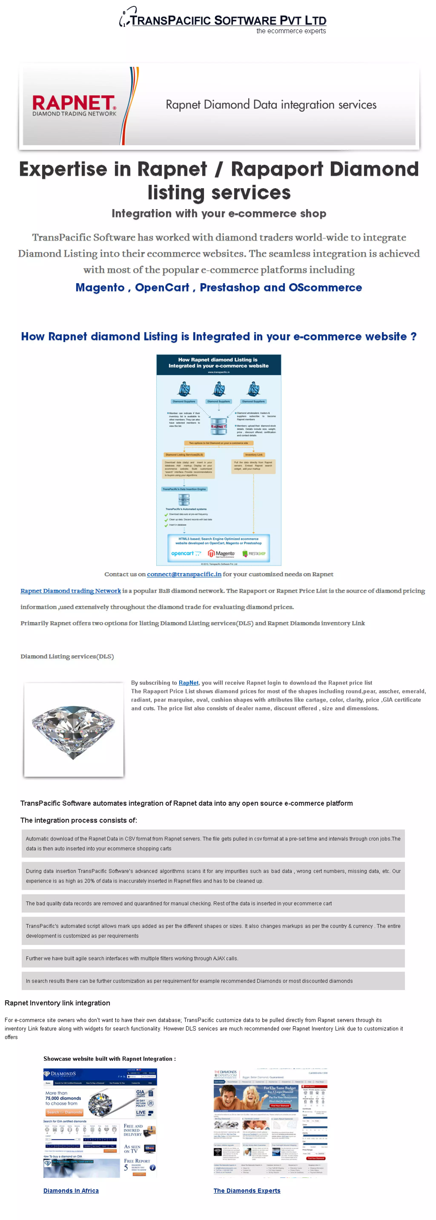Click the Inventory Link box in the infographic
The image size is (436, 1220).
[x=254, y=455]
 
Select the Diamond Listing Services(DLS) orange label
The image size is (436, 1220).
[x=184, y=455]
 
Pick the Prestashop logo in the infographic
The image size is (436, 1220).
[x=254, y=553]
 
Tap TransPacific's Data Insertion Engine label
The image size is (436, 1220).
[x=184, y=489]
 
